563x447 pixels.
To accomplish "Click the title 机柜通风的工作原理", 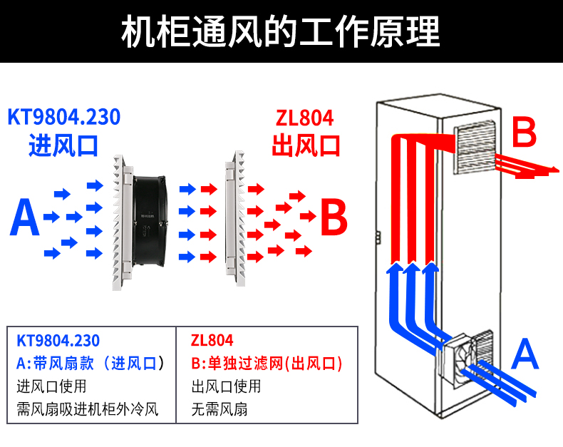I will pyautogui.click(x=281, y=32).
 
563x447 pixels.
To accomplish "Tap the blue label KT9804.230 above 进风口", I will pyautogui.click(x=63, y=117).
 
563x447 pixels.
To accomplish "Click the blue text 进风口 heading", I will pyautogui.click(x=63, y=145).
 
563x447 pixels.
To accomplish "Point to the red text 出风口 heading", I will pyautogui.click(x=306, y=145).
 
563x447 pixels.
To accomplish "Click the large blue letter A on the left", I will pyautogui.click(x=24, y=218).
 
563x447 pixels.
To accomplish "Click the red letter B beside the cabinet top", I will pyautogui.click(x=524, y=134).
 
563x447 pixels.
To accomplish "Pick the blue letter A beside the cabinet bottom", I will pyautogui.click(x=525, y=354).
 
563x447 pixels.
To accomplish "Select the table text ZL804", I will pyautogui.click(x=212, y=341).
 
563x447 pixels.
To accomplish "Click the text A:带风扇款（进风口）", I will pyautogui.click(x=91, y=364).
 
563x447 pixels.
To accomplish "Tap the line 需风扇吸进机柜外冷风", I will pyautogui.click(x=86, y=410).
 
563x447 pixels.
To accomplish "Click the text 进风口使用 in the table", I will pyautogui.click(x=51, y=387).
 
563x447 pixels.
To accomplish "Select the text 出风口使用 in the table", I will pyautogui.click(x=226, y=387).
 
